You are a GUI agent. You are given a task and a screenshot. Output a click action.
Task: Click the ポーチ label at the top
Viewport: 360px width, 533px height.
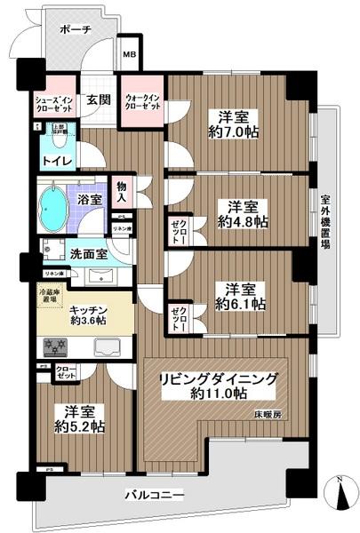(76, 29)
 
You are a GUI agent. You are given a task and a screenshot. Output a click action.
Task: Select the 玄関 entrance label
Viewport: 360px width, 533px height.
(99, 100)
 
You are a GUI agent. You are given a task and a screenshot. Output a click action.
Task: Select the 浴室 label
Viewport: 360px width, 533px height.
(88, 201)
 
